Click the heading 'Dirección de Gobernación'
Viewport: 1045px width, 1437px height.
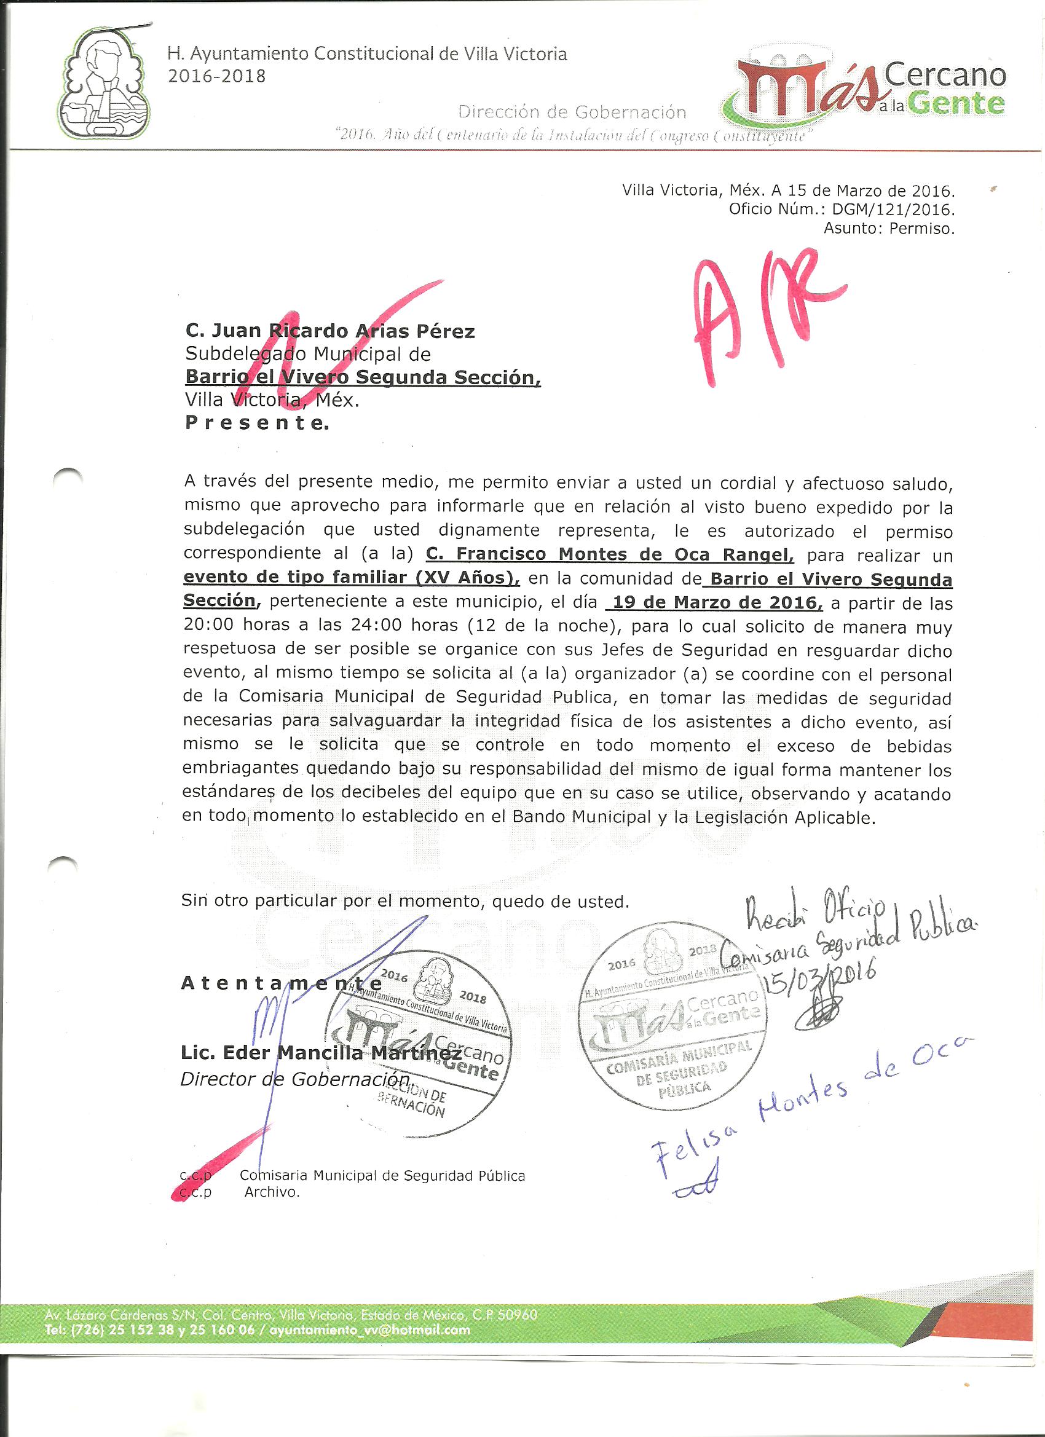[x=572, y=112]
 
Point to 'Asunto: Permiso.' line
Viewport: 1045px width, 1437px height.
[x=888, y=229]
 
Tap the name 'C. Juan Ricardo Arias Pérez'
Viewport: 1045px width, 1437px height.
[x=329, y=331]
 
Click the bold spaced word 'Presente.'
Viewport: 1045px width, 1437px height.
[x=257, y=424]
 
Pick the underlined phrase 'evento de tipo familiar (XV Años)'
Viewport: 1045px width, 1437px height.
[x=352, y=578]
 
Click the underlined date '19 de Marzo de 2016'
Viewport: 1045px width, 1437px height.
[x=715, y=602]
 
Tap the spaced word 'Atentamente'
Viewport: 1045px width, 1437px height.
[x=282, y=983]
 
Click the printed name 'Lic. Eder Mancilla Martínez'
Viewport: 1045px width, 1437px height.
[x=321, y=1053]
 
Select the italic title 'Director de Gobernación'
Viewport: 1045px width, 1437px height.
[x=295, y=1079]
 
